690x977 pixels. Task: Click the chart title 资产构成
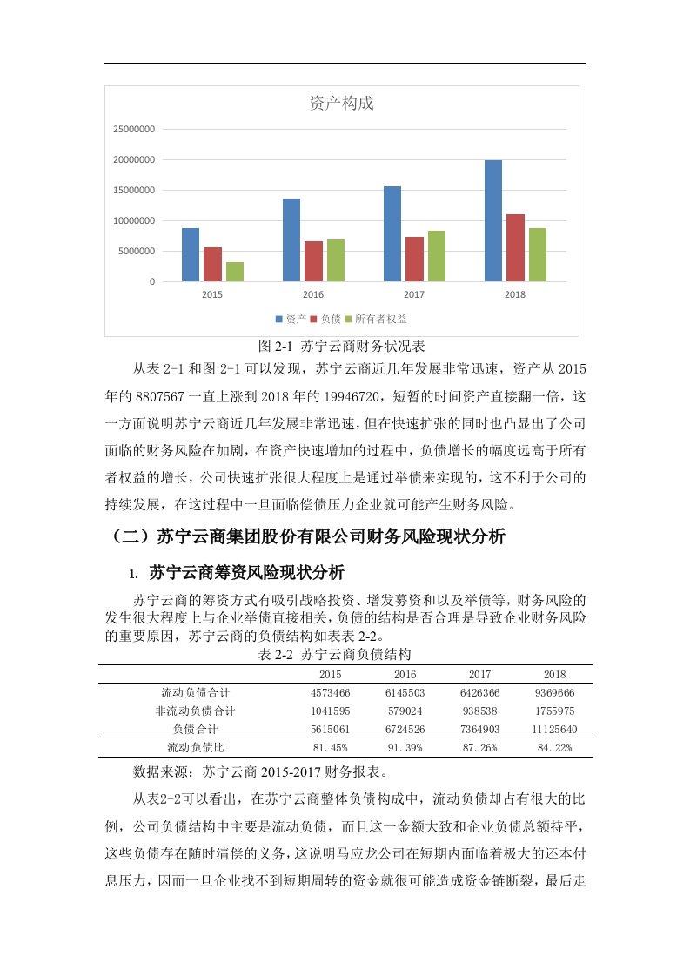click(342, 103)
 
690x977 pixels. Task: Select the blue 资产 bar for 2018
click(493, 220)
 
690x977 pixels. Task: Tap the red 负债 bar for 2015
click(212, 264)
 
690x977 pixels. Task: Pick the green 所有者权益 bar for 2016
click(336, 259)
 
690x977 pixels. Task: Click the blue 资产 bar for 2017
click(392, 233)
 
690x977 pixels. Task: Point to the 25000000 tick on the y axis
click(134, 130)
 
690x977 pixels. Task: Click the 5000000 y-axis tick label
click(137, 252)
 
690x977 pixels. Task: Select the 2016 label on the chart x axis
click(313, 294)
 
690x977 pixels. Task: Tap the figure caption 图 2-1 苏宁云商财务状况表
click(341, 346)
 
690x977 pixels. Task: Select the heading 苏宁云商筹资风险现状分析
click(246, 573)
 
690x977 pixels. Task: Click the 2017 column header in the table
click(479, 674)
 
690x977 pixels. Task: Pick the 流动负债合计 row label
click(195, 692)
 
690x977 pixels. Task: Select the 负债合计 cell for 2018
click(554, 729)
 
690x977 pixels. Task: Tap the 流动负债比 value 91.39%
click(405, 747)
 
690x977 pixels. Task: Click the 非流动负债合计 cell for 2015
click(330, 711)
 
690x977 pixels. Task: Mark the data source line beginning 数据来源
click(260, 771)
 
